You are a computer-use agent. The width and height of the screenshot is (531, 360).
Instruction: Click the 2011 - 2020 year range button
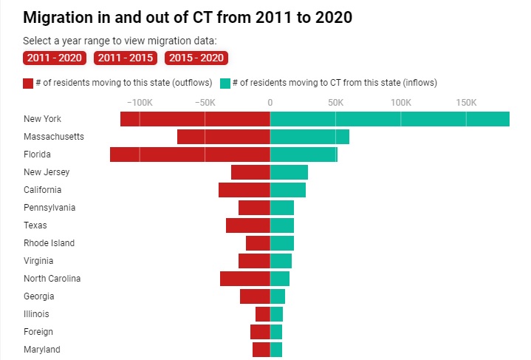tap(55, 58)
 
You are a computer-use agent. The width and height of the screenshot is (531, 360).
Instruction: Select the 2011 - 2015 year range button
tap(126, 58)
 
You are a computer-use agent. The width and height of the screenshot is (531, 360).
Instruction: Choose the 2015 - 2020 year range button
tap(196, 58)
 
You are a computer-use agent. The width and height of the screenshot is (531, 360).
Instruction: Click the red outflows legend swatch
tap(28, 83)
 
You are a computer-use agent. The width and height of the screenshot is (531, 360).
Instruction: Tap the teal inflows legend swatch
tap(225, 83)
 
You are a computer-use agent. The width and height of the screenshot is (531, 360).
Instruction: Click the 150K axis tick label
tap(466, 102)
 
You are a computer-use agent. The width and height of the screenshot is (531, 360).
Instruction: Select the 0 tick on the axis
tap(270, 102)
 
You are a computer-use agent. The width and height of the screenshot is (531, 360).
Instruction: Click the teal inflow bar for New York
tap(390, 119)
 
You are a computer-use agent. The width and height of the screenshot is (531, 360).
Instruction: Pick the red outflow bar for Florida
tap(190, 154)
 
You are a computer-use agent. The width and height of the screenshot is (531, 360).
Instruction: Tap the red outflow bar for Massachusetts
tap(224, 137)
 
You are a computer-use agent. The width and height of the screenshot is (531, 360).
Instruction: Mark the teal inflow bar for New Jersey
tap(289, 172)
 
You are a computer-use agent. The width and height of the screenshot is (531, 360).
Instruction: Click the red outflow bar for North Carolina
tap(245, 279)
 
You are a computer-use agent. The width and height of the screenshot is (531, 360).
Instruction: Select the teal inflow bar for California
tap(288, 190)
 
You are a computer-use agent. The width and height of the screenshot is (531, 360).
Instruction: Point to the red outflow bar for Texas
tap(248, 225)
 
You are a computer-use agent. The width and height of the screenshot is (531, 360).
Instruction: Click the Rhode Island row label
tap(49, 243)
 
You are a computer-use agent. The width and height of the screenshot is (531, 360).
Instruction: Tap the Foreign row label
tap(38, 332)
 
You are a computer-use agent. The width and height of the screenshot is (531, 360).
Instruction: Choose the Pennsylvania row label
tap(49, 208)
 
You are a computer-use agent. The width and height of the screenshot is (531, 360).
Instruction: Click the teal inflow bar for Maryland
tap(276, 350)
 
